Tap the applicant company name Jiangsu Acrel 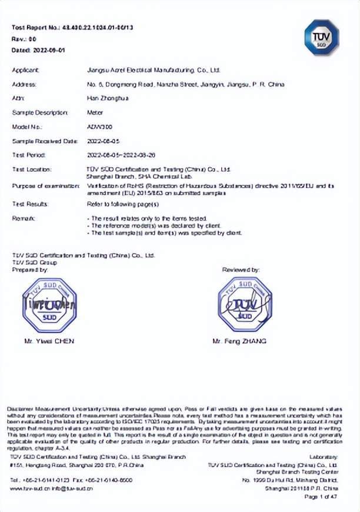[x=153, y=70]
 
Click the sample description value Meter [x=94, y=112]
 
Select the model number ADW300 [x=97, y=127]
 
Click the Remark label [x=24, y=218]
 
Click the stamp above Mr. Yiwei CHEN [x=49, y=305]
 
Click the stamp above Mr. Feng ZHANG [x=245, y=304]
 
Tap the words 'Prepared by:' [x=29, y=270]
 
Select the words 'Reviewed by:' [x=241, y=270]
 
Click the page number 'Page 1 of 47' [x=321, y=497]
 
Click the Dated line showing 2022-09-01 [x=38, y=50]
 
